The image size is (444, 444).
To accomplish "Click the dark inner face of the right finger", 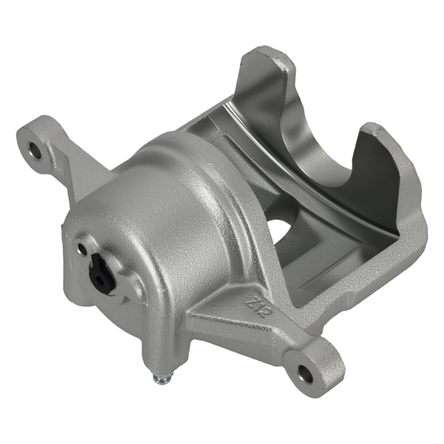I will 373,186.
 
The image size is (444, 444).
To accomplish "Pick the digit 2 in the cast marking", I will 262,313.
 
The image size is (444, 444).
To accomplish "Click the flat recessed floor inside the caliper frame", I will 320,266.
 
